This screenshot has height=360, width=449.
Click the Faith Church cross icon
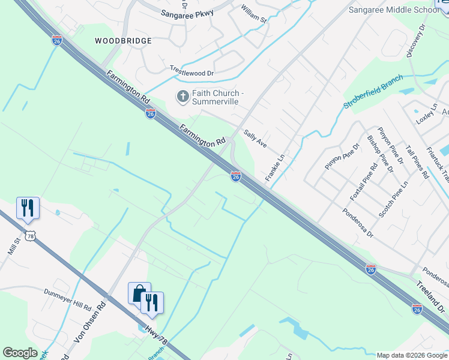[182, 96]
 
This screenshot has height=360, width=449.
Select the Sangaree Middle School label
[394, 10]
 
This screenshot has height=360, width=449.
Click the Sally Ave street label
[255, 140]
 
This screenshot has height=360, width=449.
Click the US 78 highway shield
[31, 236]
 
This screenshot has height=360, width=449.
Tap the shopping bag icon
[139, 293]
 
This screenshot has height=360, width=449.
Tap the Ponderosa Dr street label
[358, 221]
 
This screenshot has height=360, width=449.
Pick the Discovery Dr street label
[415, 41]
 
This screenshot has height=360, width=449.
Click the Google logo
[20, 353]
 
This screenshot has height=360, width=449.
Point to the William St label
[254, 14]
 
